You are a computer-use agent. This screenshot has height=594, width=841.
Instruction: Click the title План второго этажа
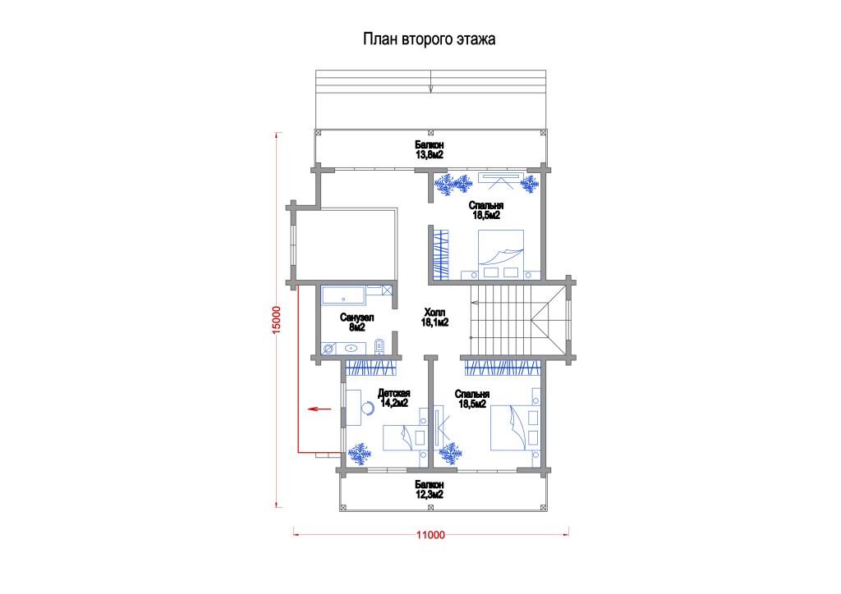(x=429, y=39)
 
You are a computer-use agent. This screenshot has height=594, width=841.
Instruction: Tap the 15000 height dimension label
(x=276, y=320)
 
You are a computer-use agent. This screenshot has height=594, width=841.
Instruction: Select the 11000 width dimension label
(x=430, y=535)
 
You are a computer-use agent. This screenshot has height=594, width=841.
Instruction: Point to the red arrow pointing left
(x=320, y=409)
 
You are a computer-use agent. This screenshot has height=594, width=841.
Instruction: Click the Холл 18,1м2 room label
(x=434, y=317)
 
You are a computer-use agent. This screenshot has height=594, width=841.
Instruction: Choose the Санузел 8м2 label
(x=356, y=322)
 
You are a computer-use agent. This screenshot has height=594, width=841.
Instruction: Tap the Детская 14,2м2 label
(x=393, y=398)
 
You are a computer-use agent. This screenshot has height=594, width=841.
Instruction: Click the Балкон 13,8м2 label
(x=429, y=150)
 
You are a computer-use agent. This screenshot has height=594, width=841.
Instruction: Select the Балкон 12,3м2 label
(x=429, y=490)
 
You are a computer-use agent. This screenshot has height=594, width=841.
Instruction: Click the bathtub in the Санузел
(x=343, y=295)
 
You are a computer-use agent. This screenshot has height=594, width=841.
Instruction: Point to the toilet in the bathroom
(x=379, y=346)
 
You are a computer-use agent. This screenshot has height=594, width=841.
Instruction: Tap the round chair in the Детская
(x=369, y=409)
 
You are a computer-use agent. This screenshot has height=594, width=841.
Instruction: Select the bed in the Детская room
(x=405, y=437)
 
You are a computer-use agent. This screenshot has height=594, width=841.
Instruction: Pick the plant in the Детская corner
(x=360, y=454)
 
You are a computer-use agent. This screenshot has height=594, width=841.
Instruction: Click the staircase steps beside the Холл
(x=501, y=319)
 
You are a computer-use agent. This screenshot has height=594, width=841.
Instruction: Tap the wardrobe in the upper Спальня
(x=440, y=254)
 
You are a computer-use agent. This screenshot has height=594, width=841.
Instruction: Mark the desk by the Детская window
(x=353, y=408)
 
